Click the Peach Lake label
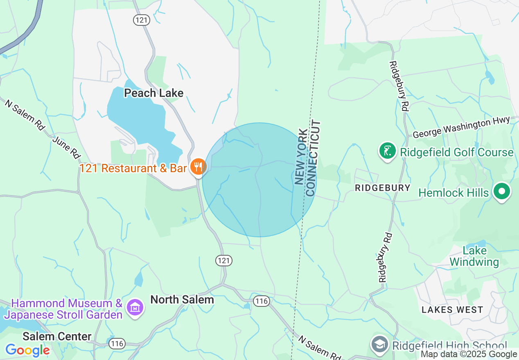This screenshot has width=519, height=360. (x=153, y=93)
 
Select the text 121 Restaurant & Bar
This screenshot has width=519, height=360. (x=133, y=168)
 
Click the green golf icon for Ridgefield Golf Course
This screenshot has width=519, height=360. (x=388, y=151)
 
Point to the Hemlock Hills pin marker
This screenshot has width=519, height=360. (x=501, y=191)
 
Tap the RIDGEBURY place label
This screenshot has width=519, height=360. (x=382, y=188)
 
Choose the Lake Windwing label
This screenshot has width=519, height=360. (x=475, y=256)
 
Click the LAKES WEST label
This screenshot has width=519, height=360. (x=452, y=310)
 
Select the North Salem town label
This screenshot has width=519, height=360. (x=182, y=299)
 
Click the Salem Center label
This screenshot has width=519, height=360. (x=57, y=336)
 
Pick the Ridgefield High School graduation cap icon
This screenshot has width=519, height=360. (x=379, y=344)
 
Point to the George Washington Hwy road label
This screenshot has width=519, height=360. (x=461, y=128)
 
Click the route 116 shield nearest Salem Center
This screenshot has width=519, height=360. (x=117, y=344)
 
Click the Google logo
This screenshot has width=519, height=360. (x=27, y=350)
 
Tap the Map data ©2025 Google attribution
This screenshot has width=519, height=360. (x=469, y=354)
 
